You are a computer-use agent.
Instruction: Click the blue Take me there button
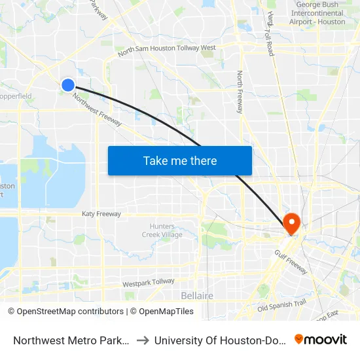click(180, 160)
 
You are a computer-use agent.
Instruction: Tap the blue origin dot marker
click(68, 84)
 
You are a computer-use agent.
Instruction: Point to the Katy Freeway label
click(101, 214)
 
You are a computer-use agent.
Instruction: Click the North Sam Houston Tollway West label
click(166, 49)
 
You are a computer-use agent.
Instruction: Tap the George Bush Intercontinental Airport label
click(317, 13)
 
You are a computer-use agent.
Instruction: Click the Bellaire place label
click(197, 296)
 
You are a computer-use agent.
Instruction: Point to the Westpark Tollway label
click(149, 283)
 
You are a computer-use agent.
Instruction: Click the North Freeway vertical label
click(240, 92)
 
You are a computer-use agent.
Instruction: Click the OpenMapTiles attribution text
click(166, 312)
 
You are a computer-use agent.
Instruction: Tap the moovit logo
click(321, 339)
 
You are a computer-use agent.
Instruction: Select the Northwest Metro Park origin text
click(71, 340)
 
